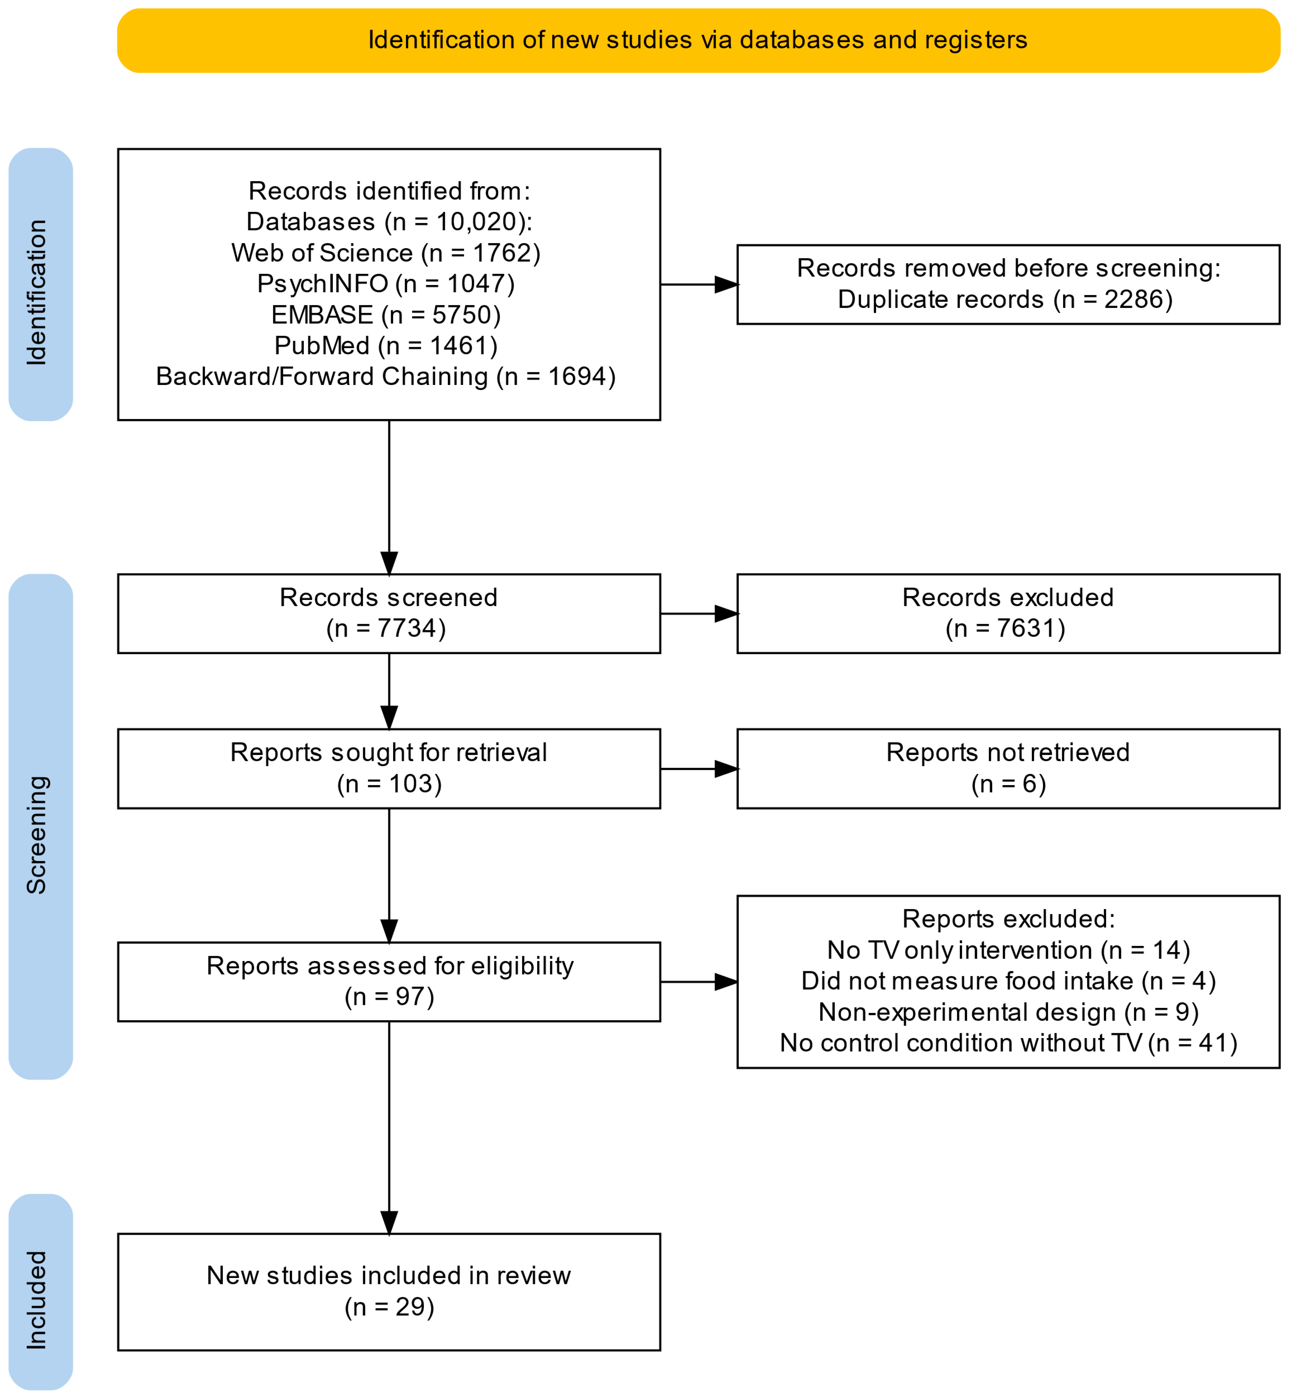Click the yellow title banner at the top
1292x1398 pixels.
click(x=698, y=41)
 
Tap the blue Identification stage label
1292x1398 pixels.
click(x=41, y=284)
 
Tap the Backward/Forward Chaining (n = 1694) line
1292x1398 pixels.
click(x=386, y=377)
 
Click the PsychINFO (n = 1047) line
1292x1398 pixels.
click(x=386, y=284)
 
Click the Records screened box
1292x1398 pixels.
click(x=389, y=614)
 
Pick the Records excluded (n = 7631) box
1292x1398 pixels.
click(x=1008, y=614)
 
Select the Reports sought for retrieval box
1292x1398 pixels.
click(x=389, y=769)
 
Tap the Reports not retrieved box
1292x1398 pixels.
click(x=1008, y=769)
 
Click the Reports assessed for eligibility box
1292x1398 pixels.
click(x=389, y=982)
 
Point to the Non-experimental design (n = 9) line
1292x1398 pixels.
click(x=1008, y=1012)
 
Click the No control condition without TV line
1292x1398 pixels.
click(x=1008, y=1043)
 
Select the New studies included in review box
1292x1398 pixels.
click(x=389, y=1292)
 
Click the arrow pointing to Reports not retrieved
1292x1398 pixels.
click(x=699, y=769)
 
